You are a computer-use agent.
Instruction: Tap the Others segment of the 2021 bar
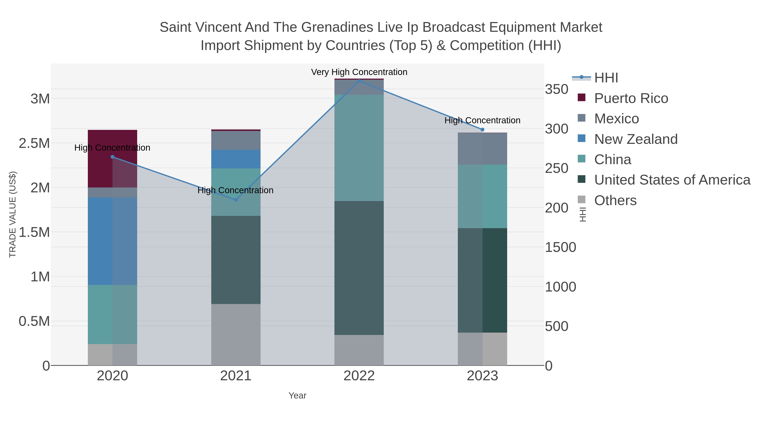click(236, 335)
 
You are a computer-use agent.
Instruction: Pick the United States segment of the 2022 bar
click(359, 268)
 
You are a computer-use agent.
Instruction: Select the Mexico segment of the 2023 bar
click(482, 149)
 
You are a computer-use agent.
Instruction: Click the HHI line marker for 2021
click(236, 200)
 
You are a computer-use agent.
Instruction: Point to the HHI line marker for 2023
click(482, 129)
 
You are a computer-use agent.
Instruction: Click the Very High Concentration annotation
click(359, 72)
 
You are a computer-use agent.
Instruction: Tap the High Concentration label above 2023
click(482, 121)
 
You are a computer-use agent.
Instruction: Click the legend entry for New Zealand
click(636, 139)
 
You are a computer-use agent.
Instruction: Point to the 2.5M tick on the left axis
click(34, 143)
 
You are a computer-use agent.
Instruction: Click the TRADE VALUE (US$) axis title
click(12, 214)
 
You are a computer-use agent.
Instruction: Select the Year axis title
click(297, 396)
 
